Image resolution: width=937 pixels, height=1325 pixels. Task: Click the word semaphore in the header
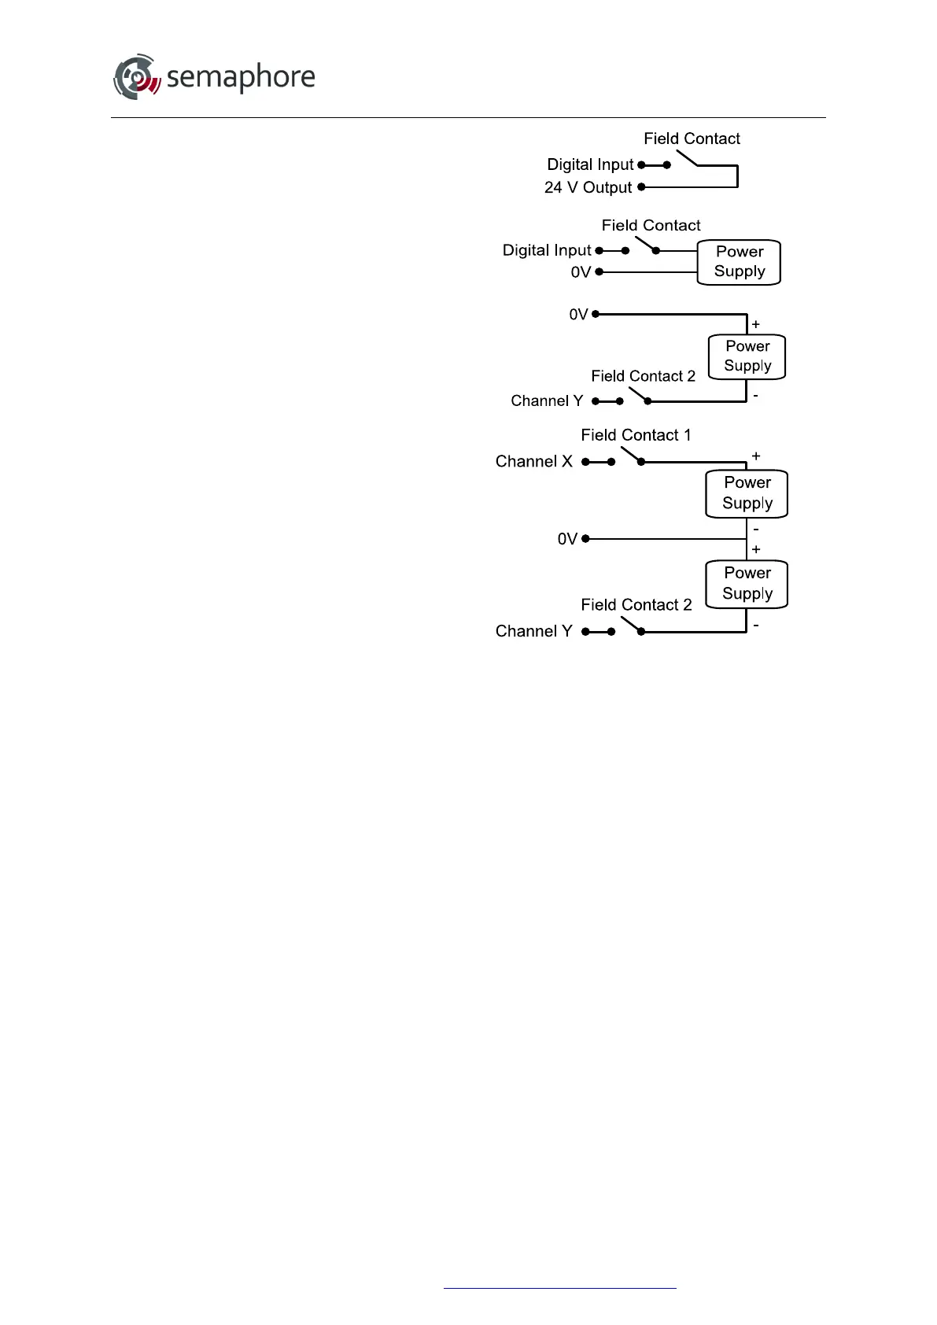241,77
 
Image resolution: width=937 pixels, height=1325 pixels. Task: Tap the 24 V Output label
588,187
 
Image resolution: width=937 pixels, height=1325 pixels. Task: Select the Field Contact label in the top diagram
692,138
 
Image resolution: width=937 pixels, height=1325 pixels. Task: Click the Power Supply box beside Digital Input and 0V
739,262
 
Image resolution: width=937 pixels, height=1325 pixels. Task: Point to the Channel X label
533,461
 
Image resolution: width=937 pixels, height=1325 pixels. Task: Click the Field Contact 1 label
636,435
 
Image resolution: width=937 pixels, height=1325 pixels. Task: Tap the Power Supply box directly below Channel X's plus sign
747,493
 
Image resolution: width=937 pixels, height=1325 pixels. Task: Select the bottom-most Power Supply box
747,584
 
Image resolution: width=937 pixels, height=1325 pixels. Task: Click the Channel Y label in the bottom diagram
533,631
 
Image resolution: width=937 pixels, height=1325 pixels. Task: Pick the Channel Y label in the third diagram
547,401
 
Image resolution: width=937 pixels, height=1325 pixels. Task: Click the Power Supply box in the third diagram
747,356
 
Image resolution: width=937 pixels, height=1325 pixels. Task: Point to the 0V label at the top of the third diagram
578,315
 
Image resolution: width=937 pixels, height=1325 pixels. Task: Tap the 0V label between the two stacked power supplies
567,539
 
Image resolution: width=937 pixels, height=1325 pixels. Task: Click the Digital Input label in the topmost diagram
590,164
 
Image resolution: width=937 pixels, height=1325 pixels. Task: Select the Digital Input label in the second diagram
546,250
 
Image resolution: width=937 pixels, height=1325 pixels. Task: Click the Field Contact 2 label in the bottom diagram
636,605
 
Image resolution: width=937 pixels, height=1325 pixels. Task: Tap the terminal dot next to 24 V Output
641,187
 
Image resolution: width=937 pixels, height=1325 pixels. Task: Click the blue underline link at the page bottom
559,1288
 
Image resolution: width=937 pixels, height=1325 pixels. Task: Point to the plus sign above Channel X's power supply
756,456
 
